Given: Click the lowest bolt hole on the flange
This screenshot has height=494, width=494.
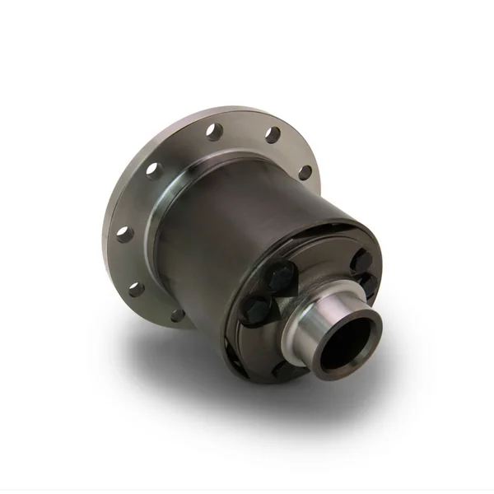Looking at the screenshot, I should (177, 315).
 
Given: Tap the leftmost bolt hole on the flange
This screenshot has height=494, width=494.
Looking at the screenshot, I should (123, 234).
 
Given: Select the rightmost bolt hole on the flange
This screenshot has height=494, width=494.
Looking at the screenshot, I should (305, 173).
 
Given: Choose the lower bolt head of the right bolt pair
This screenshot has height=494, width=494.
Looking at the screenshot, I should (370, 284).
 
